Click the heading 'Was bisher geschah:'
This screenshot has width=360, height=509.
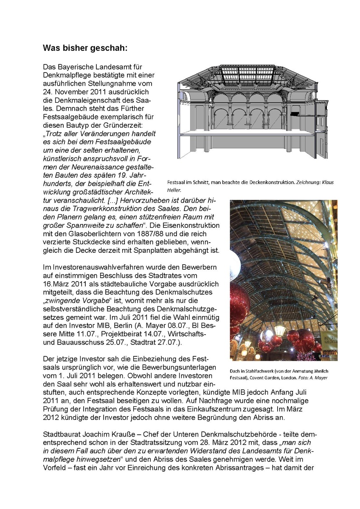pyautogui.click(x=85, y=48)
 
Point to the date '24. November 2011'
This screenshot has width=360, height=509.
pyautogui.click(x=75, y=92)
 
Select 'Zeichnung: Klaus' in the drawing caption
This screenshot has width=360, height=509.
pyautogui.click(x=313, y=182)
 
